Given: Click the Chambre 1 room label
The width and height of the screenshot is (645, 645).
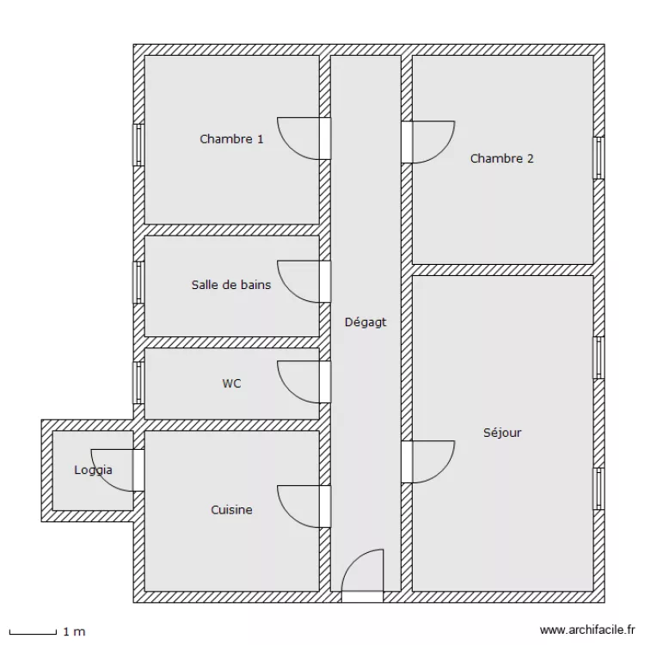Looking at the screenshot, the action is tap(231, 139).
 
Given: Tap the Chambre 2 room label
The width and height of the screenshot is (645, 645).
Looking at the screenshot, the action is tap(502, 158).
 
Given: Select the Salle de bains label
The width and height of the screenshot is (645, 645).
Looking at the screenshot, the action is tap(231, 285).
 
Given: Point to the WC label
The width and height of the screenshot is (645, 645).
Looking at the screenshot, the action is tap(231, 384).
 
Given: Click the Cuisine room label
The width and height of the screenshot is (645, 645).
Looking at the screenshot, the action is tap(231, 510).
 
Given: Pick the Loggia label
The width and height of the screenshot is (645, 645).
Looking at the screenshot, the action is tap(93, 470).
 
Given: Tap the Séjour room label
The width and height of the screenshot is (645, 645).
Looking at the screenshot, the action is tap(502, 433).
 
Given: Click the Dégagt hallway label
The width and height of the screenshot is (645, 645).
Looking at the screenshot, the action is tap(365, 322).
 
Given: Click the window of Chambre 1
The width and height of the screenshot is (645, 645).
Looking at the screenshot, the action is tap(138, 145).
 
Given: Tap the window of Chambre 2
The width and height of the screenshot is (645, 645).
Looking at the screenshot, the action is tap(599, 158).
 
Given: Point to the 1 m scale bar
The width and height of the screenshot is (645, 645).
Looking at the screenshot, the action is tap(33, 632).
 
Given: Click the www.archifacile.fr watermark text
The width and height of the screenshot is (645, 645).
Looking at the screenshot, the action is tap(587, 630).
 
